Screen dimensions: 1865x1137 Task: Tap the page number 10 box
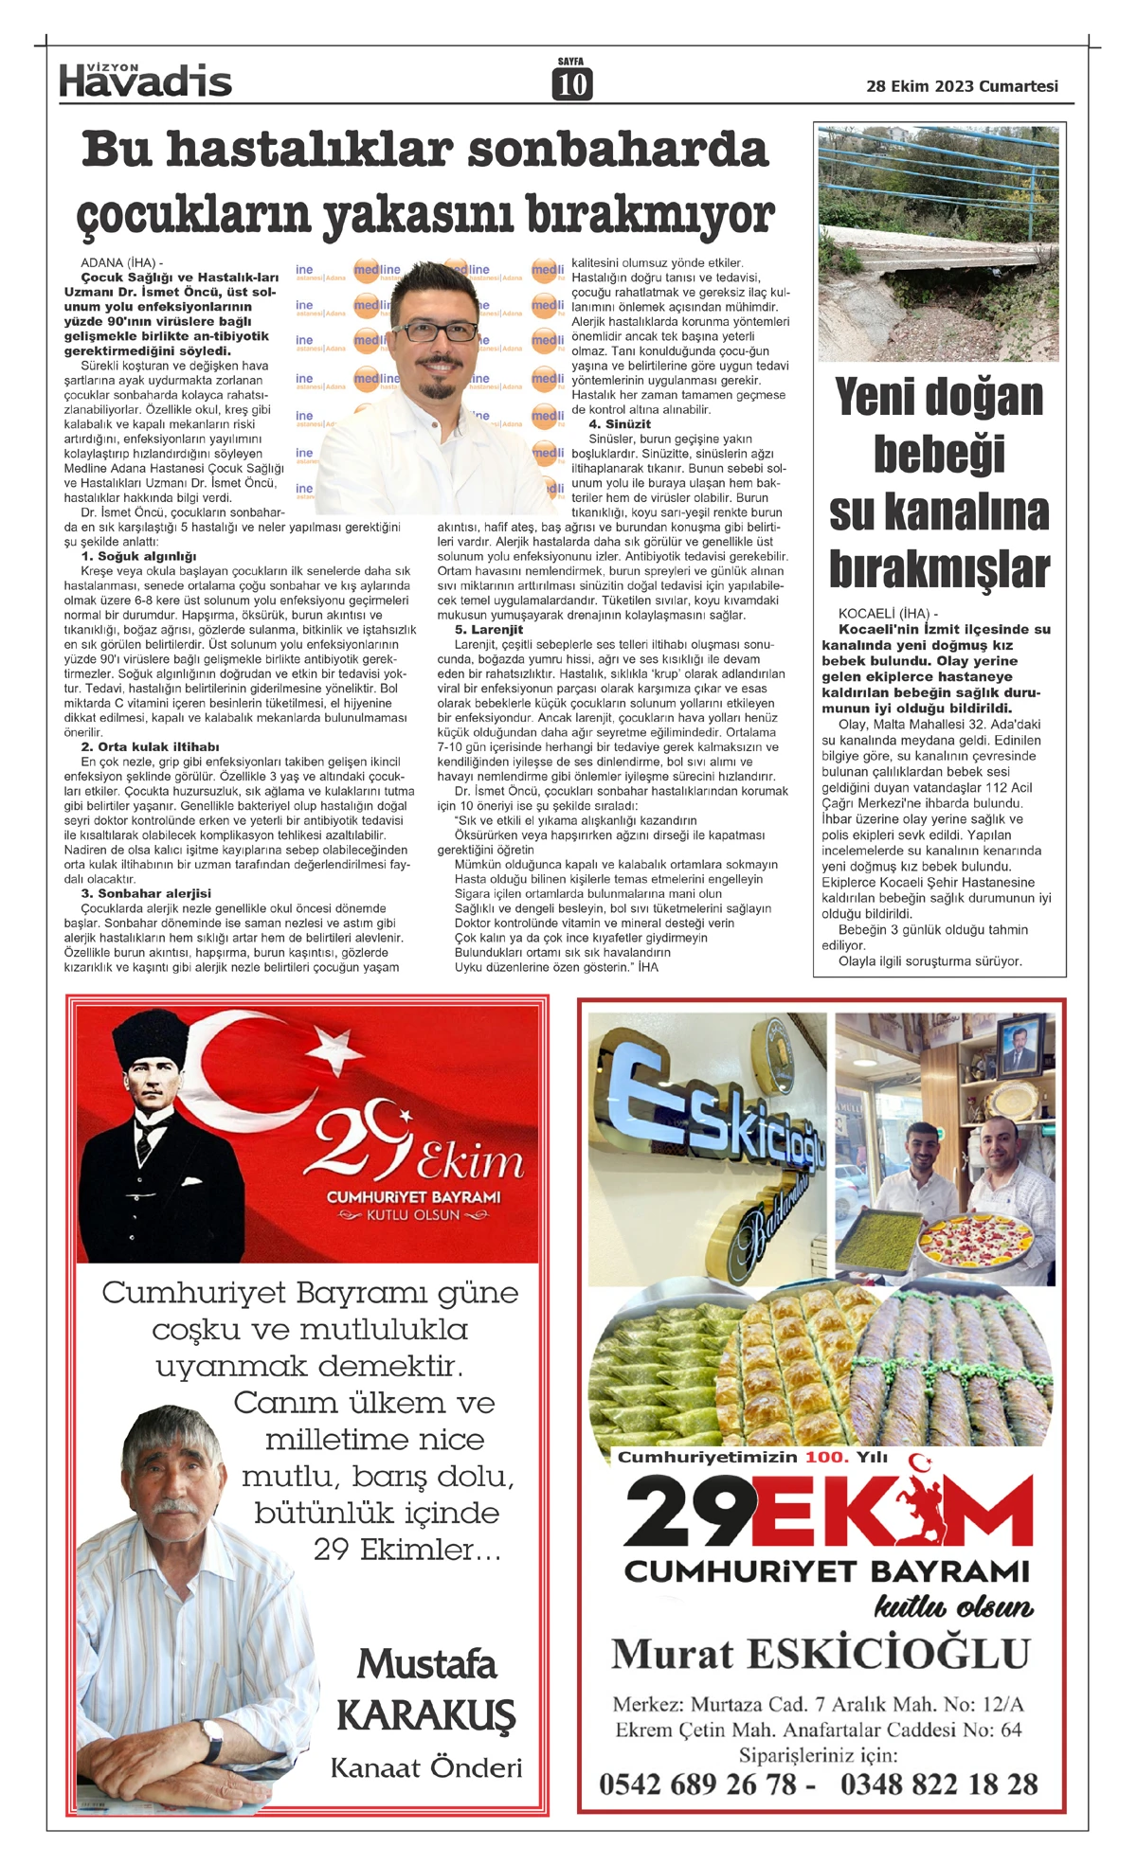pos(571,84)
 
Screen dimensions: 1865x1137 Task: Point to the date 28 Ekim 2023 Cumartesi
pos(962,86)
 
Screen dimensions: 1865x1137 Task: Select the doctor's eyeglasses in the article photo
pos(435,332)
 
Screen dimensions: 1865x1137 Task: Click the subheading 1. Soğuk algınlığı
pos(138,557)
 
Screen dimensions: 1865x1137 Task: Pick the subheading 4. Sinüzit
pos(620,424)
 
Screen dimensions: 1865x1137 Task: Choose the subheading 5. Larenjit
pos(489,630)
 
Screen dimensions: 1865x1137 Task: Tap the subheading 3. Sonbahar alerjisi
pos(146,893)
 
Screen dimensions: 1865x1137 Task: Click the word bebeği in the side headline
pos(938,455)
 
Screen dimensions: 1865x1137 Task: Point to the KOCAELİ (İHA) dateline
pos(888,614)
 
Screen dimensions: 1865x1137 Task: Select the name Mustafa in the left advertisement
pos(426,1665)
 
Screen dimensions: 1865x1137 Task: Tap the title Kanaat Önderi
pos(426,1768)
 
